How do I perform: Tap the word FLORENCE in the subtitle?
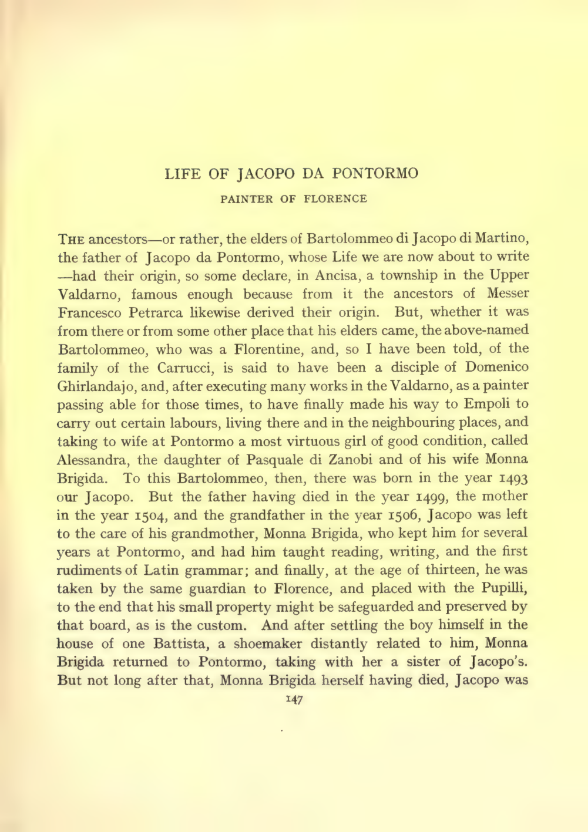pos(335,199)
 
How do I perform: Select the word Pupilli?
pos(506,588)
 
